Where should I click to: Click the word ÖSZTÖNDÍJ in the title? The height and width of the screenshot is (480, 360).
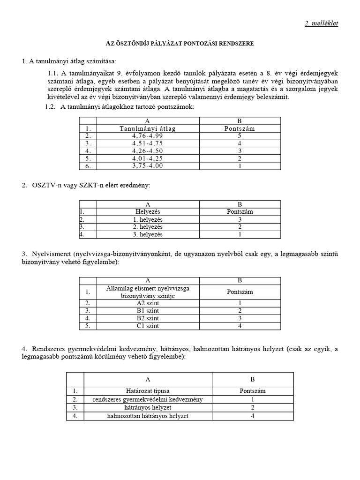[x=131, y=43]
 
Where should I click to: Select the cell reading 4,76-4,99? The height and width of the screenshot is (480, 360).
[x=148, y=136]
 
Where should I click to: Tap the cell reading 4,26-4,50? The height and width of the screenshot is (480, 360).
[x=148, y=151]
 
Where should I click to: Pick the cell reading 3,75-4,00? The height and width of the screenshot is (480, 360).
[x=148, y=166]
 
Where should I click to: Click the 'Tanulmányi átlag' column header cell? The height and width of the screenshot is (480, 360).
[x=148, y=128]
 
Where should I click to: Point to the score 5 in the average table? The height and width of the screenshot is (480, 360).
[x=240, y=136]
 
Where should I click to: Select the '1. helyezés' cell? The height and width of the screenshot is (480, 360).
[x=148, y=219]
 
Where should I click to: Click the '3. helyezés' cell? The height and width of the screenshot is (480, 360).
[x=148, y=234]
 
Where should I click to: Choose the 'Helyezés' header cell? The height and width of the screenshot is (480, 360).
[x=148, y=212]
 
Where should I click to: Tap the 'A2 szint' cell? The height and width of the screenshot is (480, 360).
[x=148, y=303]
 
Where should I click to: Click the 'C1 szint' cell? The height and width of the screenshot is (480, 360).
[x=148, y=326]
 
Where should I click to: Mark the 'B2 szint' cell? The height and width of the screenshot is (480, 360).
[x=148, y=318]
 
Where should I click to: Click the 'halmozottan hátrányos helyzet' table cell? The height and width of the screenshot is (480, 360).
[x=148, y=416]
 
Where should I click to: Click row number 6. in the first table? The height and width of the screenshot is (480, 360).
[x=87, y=166]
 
